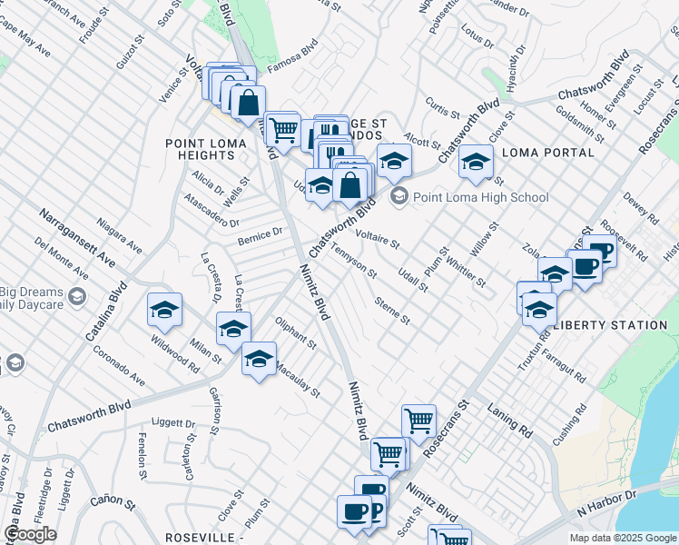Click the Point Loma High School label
pyautogui.click(x=481, y=197)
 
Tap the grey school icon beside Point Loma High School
pyautogui.click(x=398, y=196)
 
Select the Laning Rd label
pyautogui.click(x=509, y=420)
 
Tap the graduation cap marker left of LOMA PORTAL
pyautogui.click(x=476, y=162)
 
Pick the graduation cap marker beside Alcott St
pyautogui.click(x=394, y=161)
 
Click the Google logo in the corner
pyautogui.click(x=30, y=534)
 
